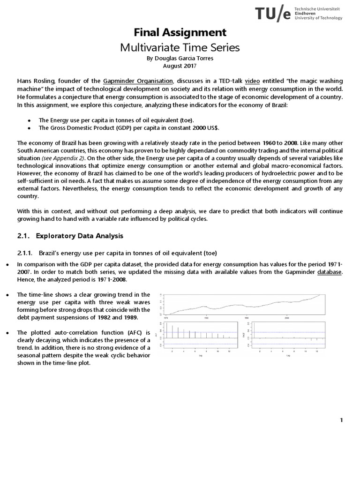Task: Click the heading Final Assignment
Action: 180,32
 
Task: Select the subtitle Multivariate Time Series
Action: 180,47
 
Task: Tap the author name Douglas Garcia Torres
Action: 180,59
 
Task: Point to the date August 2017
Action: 180,66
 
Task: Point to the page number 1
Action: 342,420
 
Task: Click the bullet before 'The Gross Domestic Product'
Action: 29,128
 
